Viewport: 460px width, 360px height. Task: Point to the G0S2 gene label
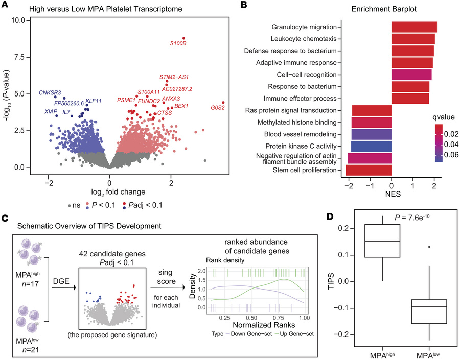coord(218,108)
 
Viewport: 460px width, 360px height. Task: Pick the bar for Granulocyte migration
coord(414,27)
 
